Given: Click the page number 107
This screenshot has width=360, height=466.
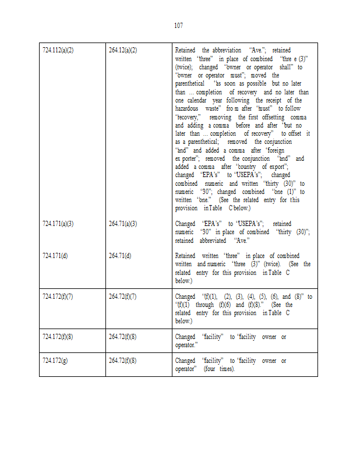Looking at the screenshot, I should (x=179, y=25).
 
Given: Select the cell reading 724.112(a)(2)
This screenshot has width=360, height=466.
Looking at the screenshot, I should (x=58, y=51).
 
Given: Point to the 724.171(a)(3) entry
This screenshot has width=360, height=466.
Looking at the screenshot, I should (x=58, y=224).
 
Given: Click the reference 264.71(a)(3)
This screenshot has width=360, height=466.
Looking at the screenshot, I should (x=123, y=224).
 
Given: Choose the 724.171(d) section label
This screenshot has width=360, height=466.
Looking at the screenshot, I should (x=55, y=256).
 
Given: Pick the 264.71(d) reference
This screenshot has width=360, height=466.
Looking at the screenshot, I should (x=120, y=256).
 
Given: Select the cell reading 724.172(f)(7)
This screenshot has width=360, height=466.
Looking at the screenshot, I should (x=58, y=296).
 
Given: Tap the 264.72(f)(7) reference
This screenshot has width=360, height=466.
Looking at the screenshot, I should (x=123, y=296).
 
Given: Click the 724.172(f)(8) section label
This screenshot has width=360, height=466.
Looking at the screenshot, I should (x=58, y=337).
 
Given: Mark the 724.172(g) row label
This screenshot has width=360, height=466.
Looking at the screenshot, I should (x=55, y=361).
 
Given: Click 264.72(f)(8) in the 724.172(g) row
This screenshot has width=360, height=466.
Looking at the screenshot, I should (x=123, y=361).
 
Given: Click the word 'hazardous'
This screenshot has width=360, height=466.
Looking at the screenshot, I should (x=189, y=109).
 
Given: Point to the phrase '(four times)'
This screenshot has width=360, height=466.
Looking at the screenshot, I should (x=219, y=369).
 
